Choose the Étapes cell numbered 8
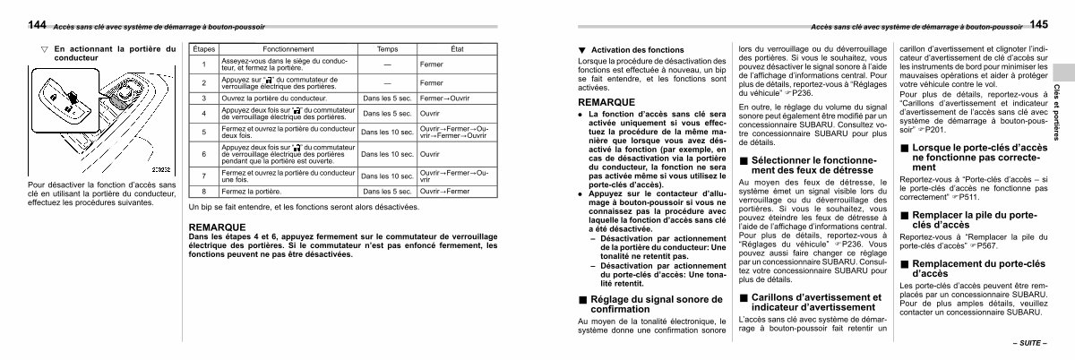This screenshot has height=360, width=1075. click(204, 192)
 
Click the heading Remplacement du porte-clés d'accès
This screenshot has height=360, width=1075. click(976, 268)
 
